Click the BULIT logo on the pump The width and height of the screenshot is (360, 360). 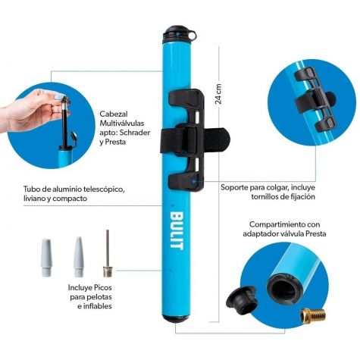(x=177, y=230)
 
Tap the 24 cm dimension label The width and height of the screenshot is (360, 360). (x=218, y=94)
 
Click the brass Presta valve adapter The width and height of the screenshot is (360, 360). (x=313, y=316)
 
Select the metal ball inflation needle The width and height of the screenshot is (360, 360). (x=108, y=253)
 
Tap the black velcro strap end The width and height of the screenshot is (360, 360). (x=218, y=139)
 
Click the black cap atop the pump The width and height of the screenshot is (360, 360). (x=179, y=33)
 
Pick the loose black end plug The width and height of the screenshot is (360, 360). (x=242, y=300)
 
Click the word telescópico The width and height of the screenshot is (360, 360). (x=104, y=189)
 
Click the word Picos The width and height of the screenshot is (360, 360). (x=103, y=287)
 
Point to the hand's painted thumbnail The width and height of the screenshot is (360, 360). (x=59, y=96)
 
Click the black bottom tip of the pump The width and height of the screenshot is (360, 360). (x=176, y=319)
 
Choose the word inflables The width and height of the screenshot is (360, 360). (x=98, y=306)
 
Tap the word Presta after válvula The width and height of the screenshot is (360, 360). (x=316, y=233)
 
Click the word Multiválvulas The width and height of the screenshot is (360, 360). (x=122, y=124)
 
